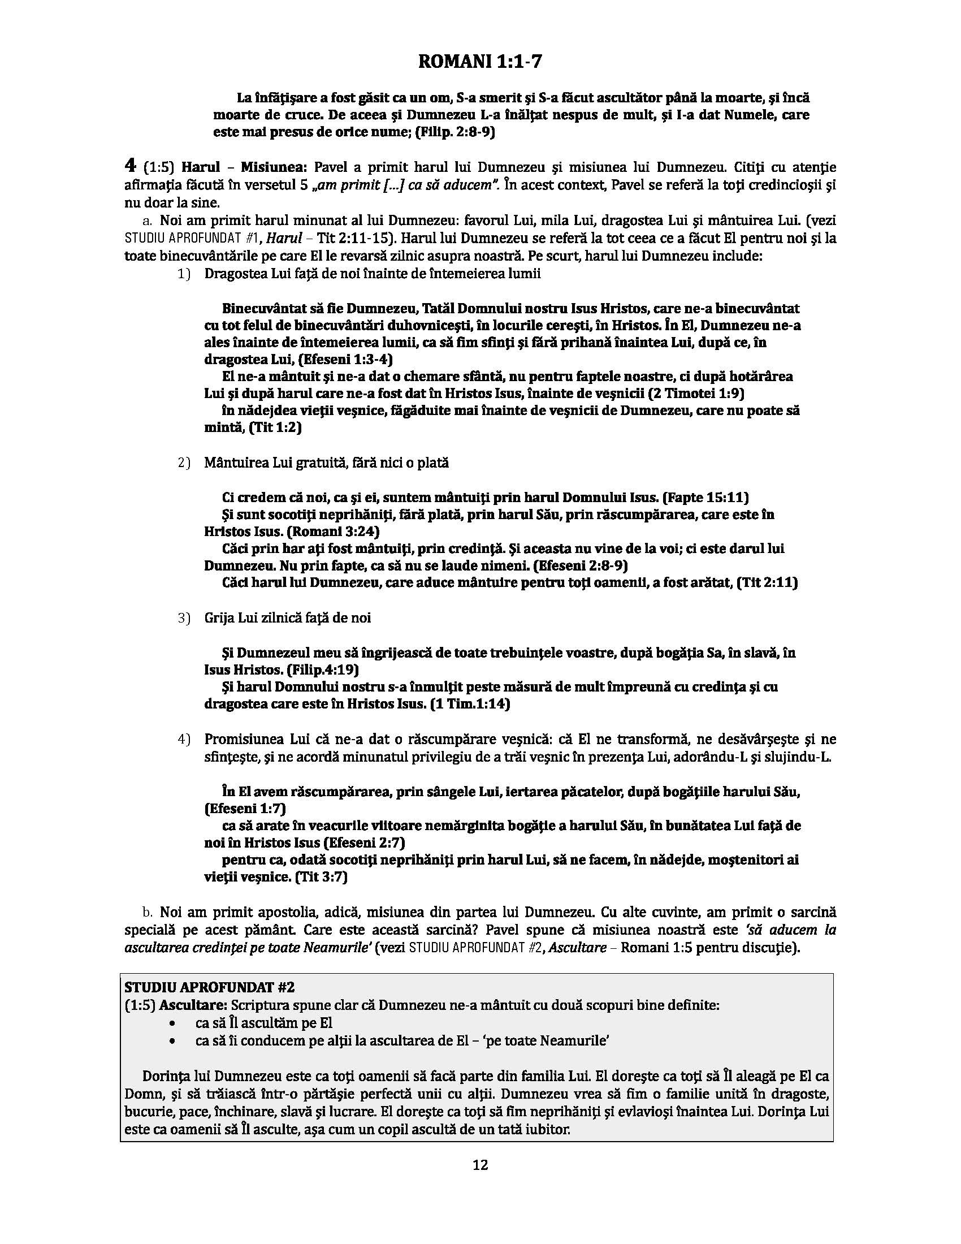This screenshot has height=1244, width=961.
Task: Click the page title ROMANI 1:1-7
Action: pyautogui.click(x=480, y=62)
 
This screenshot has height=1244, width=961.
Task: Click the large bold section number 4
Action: pyautogui.click(x=131, y=166)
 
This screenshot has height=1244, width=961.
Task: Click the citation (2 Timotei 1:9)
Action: pyautogui.click(x=690, y=393)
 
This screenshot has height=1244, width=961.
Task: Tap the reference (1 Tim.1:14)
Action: pyautogui.click(x=470, y=703)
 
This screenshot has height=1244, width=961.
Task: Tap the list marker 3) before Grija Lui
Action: pyautogui.click(x=183, y=618)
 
